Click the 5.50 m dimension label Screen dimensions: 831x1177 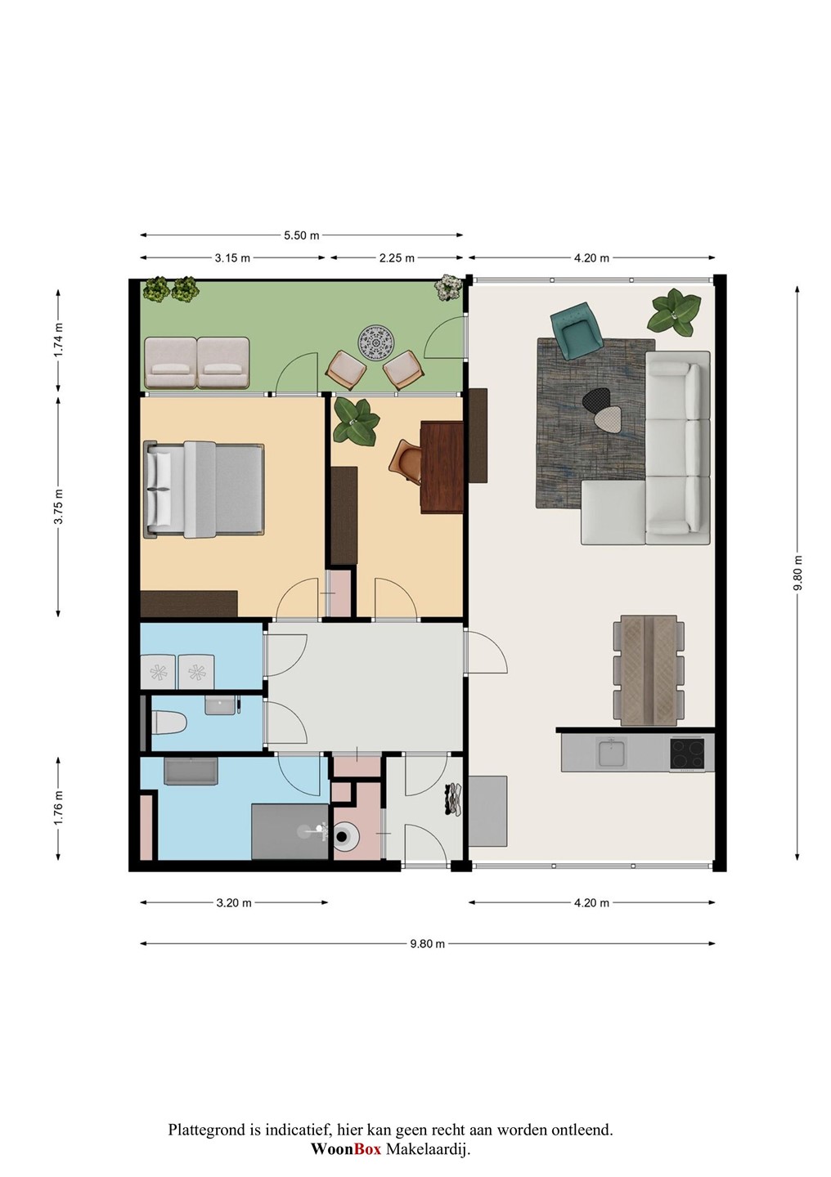301,235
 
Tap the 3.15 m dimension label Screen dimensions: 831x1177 232,258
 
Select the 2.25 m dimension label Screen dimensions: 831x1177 397,258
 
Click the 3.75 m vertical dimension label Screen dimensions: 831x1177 58,506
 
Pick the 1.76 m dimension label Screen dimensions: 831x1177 58,808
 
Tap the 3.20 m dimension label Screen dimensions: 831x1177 234,902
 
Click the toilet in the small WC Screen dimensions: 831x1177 169,723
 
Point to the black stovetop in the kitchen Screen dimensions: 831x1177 687,754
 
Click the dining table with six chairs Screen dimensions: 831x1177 649,670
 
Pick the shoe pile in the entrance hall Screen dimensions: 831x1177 454,799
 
